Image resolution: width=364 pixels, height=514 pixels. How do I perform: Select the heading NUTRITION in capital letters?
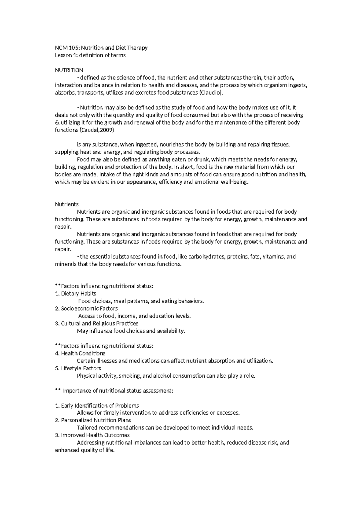coord(69,70)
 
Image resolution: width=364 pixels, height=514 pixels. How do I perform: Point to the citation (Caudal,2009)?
coord(96,130)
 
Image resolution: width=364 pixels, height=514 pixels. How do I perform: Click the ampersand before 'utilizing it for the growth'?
coord(56,122)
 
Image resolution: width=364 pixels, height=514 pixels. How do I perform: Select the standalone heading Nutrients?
coord(66,204)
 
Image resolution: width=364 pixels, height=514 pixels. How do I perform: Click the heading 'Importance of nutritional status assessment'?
coord(118,391)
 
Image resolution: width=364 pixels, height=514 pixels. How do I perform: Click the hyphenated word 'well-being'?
coord(236,182)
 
